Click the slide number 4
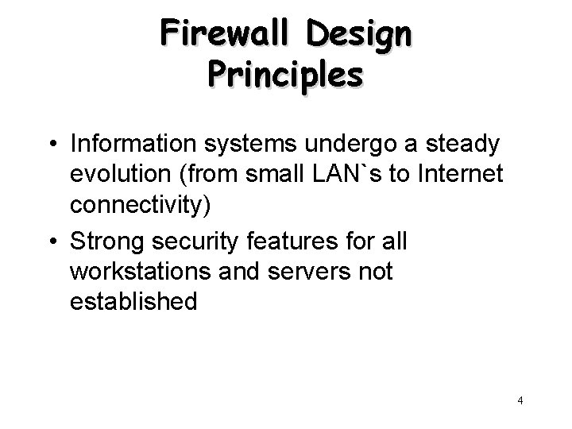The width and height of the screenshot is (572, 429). coord(520,401)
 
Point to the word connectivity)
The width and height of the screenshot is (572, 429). coord(141,204)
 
